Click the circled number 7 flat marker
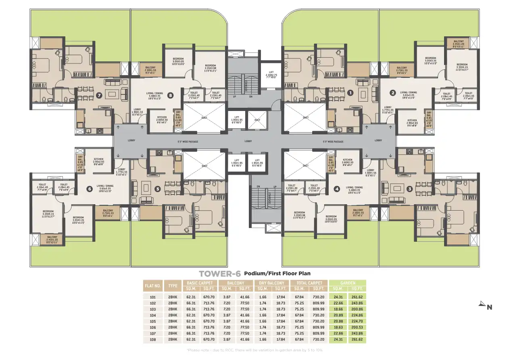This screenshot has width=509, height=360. [100, 96]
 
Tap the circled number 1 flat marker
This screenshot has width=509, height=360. [350, 92]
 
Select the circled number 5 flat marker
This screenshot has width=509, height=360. [158, 188]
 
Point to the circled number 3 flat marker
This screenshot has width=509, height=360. [409, 188]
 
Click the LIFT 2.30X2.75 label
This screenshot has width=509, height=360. [271, 74]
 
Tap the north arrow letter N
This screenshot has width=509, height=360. [489, 307]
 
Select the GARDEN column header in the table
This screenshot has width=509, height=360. [348, 283]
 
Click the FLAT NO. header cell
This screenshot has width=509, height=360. [153, 286]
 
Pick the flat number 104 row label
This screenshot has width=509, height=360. [152, 315]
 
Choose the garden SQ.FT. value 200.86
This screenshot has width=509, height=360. [357, 309]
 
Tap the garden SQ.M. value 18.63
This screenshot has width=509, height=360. [338, 327]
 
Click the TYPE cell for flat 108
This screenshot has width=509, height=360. [173, 340]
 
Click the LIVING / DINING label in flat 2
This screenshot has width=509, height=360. [409, 94]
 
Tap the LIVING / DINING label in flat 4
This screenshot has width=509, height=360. [354, 189]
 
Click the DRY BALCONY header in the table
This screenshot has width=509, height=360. [270, 283]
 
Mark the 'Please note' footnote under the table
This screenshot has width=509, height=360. [255, 350]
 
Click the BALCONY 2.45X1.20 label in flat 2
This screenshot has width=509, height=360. [459, 44]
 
